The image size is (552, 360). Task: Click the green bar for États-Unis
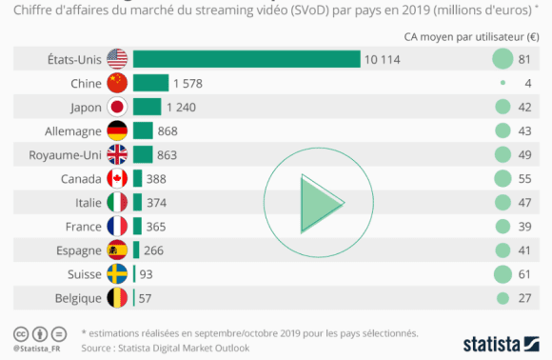click(x=246, y=59)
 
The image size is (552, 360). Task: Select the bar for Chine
click(x=150, y=83)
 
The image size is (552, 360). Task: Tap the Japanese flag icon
click(x=117, y=107)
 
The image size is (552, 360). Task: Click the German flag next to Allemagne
click(x=117, y=130)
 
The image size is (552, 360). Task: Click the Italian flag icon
click(x=117, y=202)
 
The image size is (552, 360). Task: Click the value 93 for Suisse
click(x=148, y=274)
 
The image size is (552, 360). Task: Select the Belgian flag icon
click(x=117, y=298)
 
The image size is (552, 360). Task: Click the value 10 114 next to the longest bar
click(x=382, y=59)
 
